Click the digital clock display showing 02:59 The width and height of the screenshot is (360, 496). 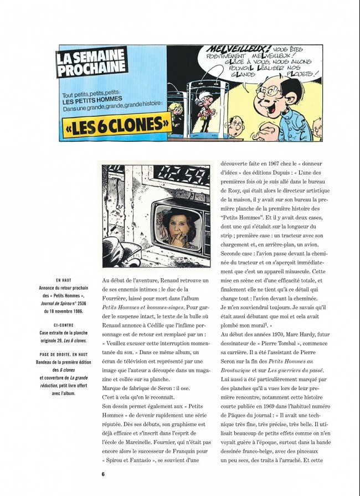click(x=161, y=181)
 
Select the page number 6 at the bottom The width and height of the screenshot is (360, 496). click(x=103, y=474)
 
